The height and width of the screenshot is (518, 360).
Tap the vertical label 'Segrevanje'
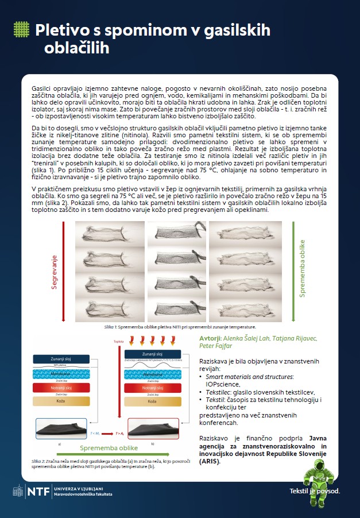coord(55,272)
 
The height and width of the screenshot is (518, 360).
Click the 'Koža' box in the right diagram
coord(152,401)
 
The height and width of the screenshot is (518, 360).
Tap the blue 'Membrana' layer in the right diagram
coord(152,373)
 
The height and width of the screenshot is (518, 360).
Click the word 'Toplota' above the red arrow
coord(119,341)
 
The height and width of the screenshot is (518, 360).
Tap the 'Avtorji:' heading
coord(211,339)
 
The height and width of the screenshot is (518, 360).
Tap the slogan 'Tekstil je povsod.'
coord(315,491)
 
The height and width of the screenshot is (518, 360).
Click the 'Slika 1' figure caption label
coord(110,326)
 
